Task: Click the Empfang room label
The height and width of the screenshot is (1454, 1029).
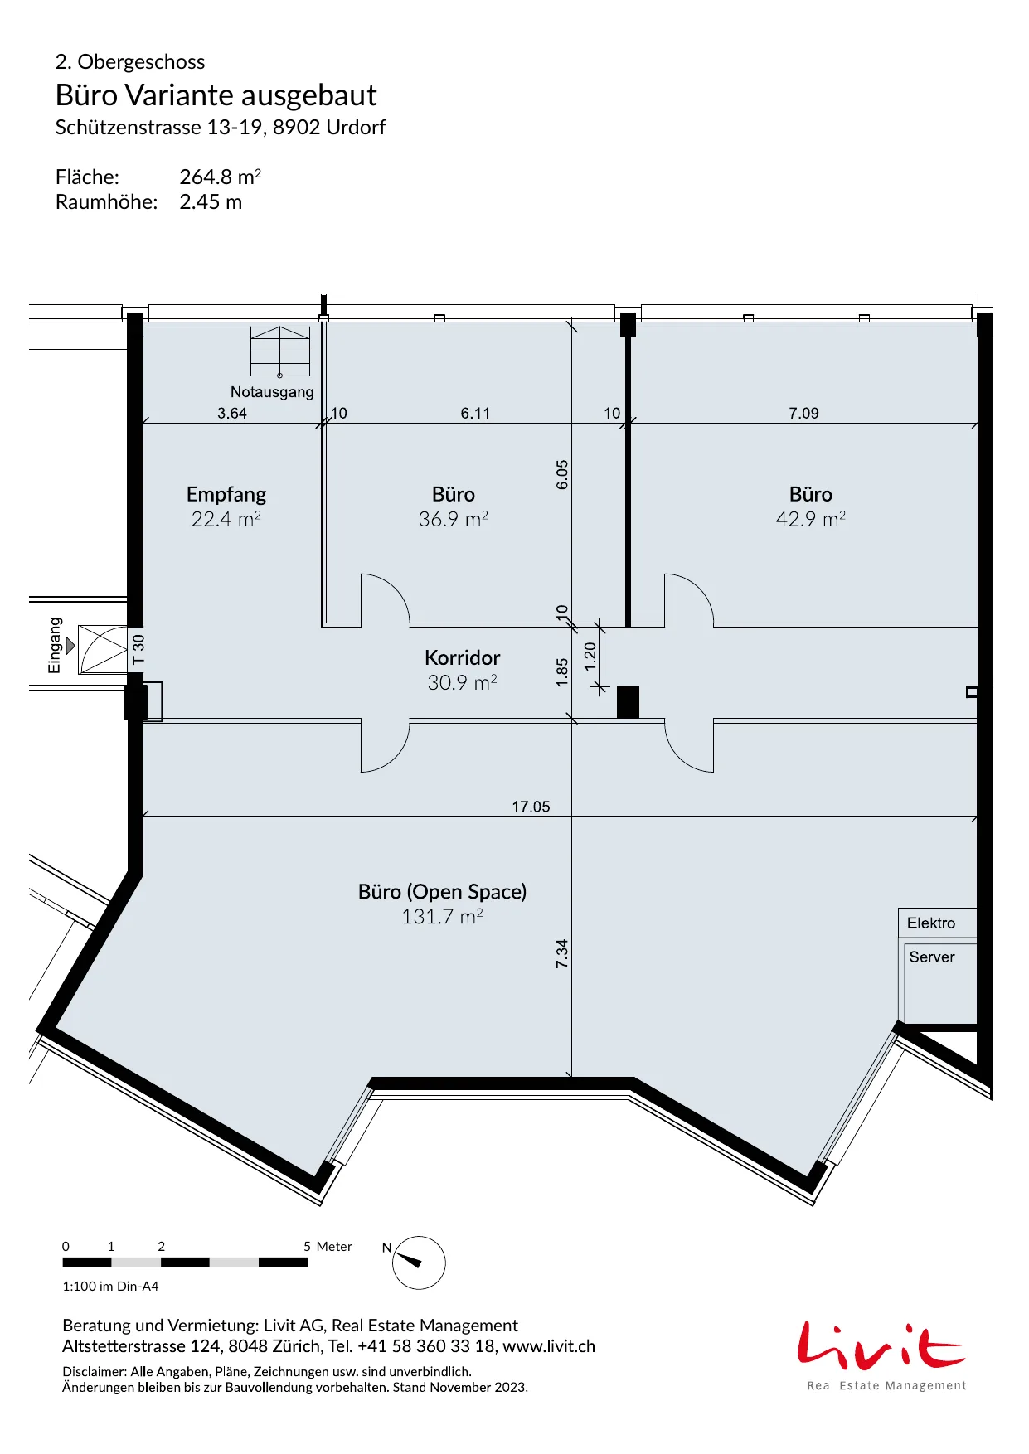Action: click(226, 494)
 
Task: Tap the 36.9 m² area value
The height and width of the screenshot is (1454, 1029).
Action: click(453, 519)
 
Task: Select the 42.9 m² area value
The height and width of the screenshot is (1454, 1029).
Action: click(810, 519)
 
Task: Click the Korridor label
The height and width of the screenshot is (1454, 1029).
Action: click(462, 657)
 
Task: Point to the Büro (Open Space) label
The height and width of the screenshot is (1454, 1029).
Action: click(442, 891)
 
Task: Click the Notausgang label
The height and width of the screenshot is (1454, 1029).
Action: click(272, 392)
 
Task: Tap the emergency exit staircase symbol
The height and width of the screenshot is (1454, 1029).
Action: click(280, 351)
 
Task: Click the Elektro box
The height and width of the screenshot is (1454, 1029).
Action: click(938, 923)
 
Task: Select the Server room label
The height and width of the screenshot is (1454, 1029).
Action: click(931, 957)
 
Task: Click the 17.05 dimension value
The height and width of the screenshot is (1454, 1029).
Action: click(531, 807)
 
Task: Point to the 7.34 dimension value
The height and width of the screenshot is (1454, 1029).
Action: click(562, 953)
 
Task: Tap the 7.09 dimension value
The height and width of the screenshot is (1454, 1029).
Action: click(803, 413)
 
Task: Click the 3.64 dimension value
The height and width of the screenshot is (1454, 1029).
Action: click(232, 413)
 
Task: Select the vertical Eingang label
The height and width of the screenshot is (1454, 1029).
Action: click(55, 645)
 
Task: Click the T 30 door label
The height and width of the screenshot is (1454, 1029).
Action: click(138, 649)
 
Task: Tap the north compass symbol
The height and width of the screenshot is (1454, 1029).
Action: click(418, 1263)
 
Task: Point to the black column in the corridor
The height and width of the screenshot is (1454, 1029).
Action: click(628, 701)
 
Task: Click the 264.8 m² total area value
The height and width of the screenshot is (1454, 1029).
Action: click(221, 177)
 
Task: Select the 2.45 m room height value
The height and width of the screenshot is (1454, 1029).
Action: click(211, 202)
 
